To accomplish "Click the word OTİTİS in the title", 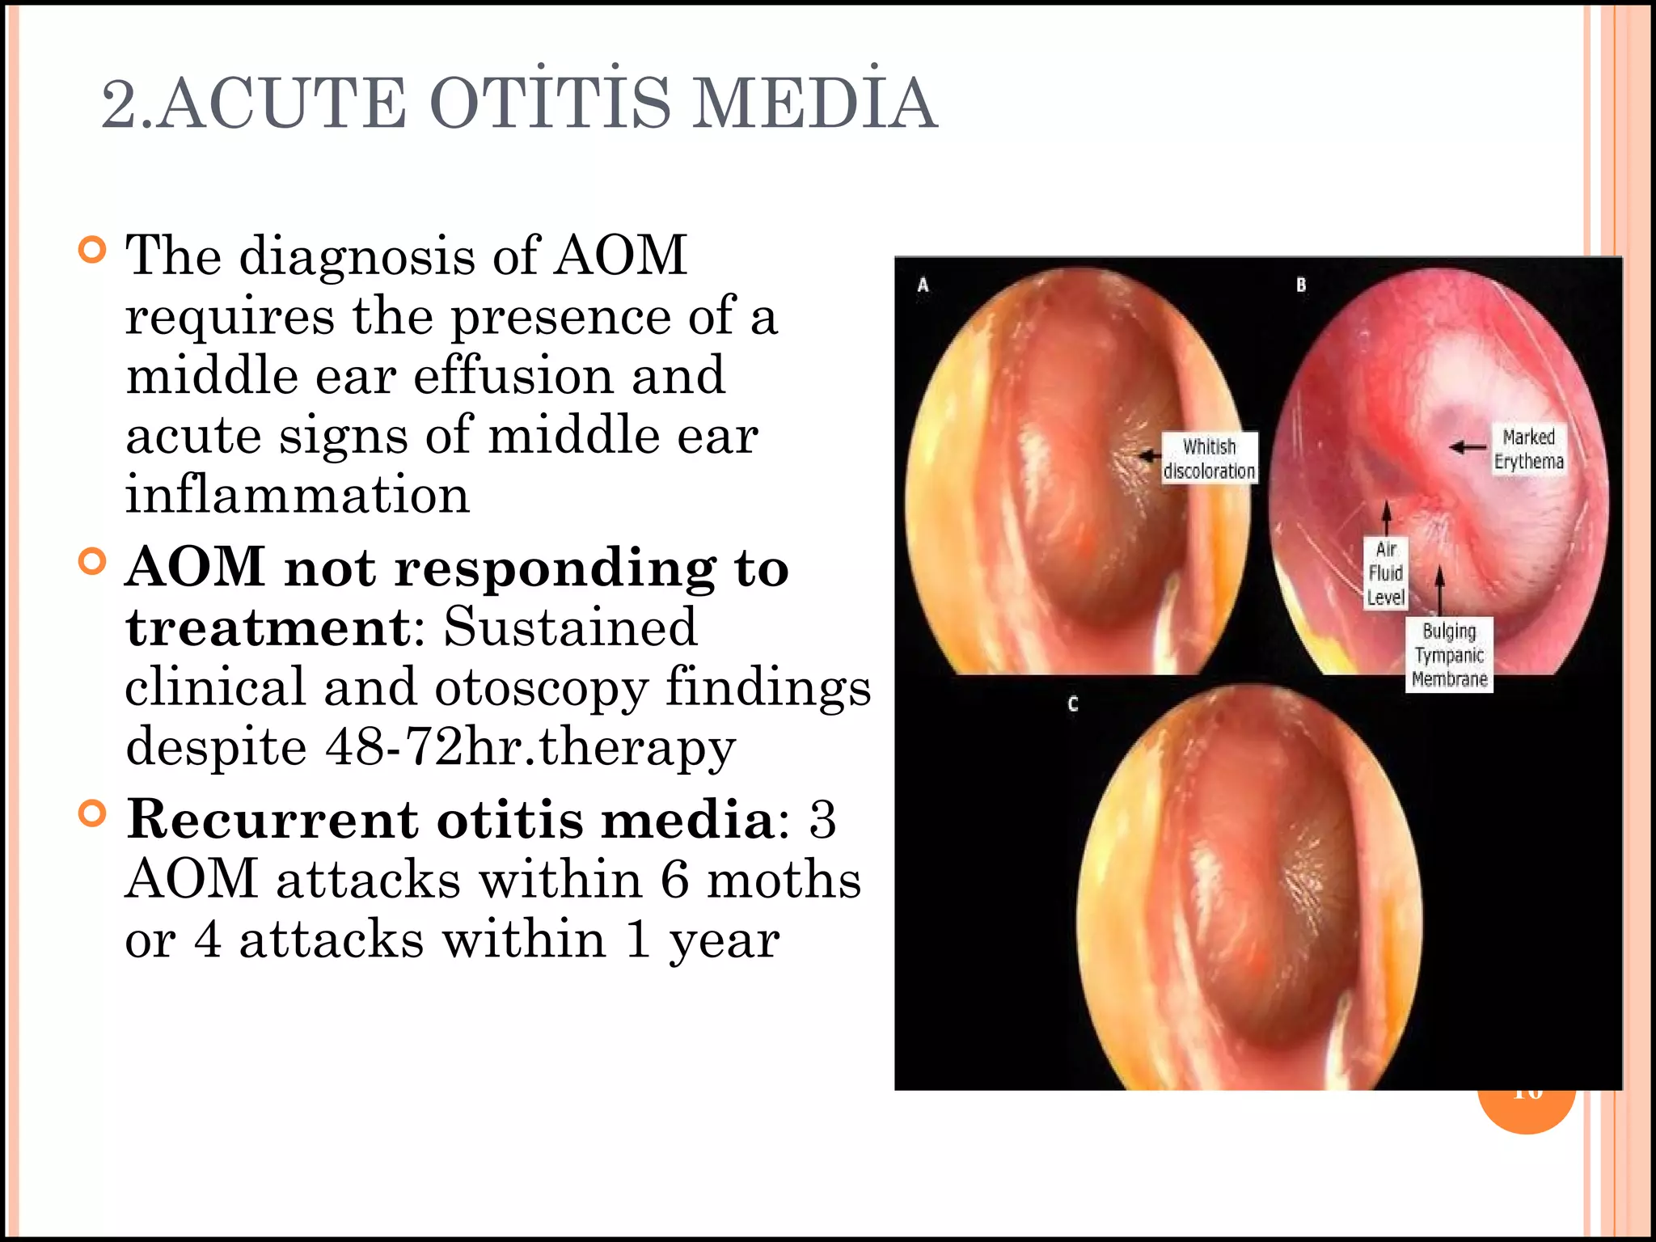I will [550, 103].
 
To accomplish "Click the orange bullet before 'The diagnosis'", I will [93, 250].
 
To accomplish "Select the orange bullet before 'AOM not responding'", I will [93, 561].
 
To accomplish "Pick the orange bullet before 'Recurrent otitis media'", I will [93, 813].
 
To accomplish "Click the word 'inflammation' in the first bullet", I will [298, 495].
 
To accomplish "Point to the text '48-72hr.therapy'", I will [530, 746].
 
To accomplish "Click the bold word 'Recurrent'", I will [274, 819].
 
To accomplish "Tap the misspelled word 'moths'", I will [784, 880].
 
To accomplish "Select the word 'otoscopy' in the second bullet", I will [541, 687].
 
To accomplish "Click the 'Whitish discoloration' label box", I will [1209, 458].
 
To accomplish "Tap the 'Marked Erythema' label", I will [1528, 449].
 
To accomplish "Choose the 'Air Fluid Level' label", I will [1386, 573].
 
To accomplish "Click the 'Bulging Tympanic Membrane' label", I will [1449, 655].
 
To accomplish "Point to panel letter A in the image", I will [923, 285].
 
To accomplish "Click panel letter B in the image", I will [1301, 285].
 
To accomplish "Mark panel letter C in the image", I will [1072, 703].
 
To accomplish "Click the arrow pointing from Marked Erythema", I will [1468, 446].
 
